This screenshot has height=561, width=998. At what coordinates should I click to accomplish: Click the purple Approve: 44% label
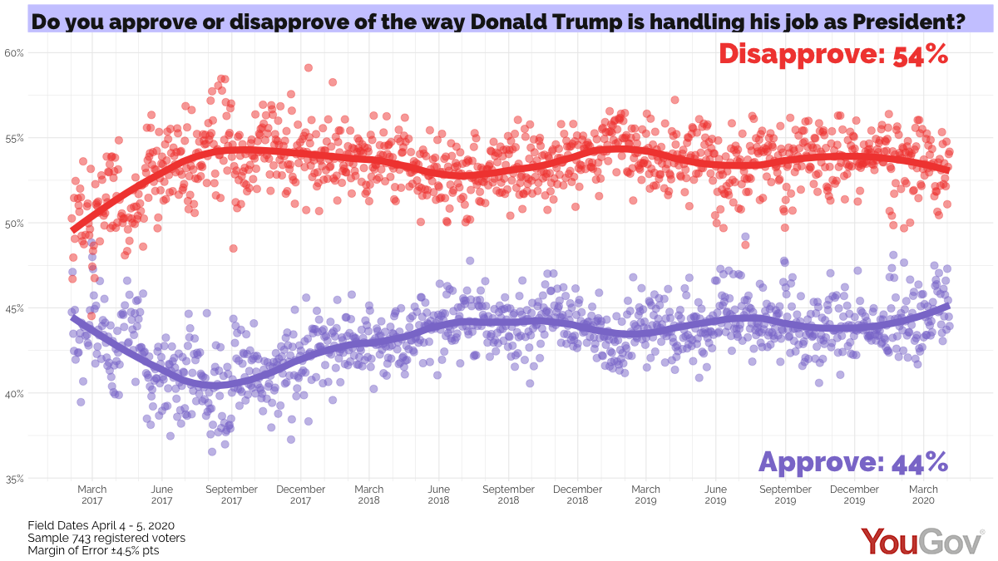(853, 461)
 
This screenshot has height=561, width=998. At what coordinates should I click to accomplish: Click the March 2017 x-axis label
(92, 495)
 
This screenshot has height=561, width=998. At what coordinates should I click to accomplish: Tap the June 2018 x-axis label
(438, 495)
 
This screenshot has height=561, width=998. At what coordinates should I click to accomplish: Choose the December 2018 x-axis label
(577, 495)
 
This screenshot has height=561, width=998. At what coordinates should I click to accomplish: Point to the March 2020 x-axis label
(924, 495)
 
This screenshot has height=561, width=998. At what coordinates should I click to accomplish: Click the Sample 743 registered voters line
(106, 538)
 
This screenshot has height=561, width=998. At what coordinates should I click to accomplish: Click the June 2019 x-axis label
(715, 495)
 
